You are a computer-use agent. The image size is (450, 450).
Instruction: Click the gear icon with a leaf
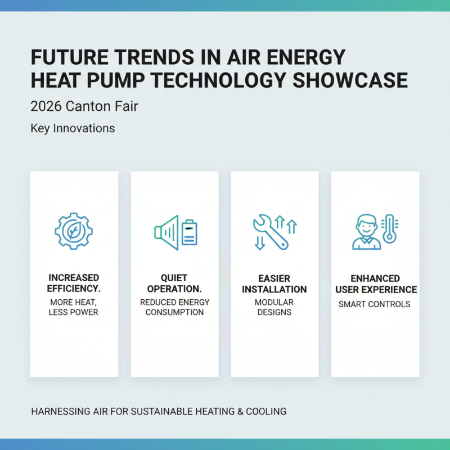74,231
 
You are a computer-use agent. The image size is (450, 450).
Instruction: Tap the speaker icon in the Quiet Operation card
167,232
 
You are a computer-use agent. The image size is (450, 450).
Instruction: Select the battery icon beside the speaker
190,232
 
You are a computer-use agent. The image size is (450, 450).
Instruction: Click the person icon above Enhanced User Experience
366,231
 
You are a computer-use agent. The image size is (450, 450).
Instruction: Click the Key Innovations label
73,128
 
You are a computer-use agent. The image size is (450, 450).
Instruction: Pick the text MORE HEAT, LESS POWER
74,307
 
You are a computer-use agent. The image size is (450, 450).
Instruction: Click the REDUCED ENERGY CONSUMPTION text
174,307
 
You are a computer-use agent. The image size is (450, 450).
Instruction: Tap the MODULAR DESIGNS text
274,307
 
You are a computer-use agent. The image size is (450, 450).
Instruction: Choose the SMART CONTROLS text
375,304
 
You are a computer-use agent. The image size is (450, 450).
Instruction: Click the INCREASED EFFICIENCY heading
74,283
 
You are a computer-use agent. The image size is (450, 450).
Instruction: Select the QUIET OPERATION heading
174,283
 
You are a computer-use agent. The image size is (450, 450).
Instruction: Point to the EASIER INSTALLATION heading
274,283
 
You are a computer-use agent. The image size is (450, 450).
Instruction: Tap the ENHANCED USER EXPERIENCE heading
375,284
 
